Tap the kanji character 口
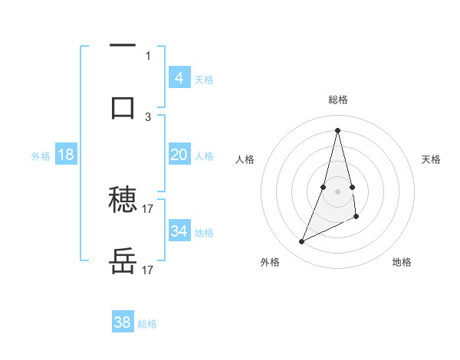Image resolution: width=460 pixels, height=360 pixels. coord(123,107)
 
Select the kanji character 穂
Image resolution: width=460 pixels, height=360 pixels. coord(123,201)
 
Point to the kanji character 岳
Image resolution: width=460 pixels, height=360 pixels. coord(123,263)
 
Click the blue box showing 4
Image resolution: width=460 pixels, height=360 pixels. coord(179,77)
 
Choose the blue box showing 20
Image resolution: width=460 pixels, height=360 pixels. coord(179,154)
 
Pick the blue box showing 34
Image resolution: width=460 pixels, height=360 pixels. coord(179,231)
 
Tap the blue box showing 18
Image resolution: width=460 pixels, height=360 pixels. coord(65,154)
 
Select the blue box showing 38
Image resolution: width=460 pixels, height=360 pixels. coord(123,322)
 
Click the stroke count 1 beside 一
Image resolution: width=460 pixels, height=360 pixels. coord(147,55)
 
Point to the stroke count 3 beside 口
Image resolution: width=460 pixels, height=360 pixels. coord(148,116)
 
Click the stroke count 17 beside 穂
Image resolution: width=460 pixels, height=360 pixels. coord(148,208)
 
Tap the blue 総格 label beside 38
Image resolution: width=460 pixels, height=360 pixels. coord(147,324)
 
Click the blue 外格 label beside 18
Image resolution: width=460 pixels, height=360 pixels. coord(41,155)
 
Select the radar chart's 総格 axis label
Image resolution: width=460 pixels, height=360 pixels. coord(337,100)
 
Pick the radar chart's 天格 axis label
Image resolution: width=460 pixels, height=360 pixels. coord(431,159)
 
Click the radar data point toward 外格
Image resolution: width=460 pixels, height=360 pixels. coord(301,242)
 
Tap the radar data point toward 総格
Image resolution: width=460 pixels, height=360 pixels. coord(337,129)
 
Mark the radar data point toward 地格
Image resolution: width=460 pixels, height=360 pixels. coord(357,217)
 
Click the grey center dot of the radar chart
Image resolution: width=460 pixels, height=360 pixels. coord(337,190)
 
